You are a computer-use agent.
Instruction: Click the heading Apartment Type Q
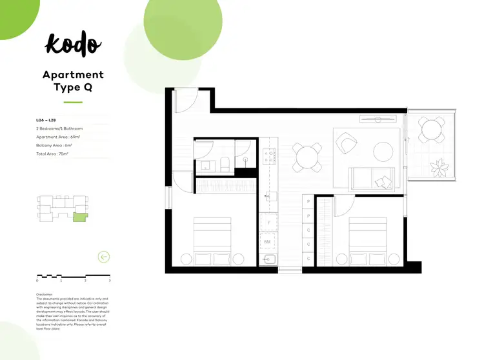coord(73,82)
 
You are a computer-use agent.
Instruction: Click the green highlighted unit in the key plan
coord(79,217)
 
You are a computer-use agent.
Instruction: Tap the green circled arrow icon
coord(103,257)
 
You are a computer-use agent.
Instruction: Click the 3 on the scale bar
coord(110,281)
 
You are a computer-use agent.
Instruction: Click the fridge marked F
coord(268,223)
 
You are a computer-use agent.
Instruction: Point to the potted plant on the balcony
coord(439,168)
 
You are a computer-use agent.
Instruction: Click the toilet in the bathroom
coord(224,163)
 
